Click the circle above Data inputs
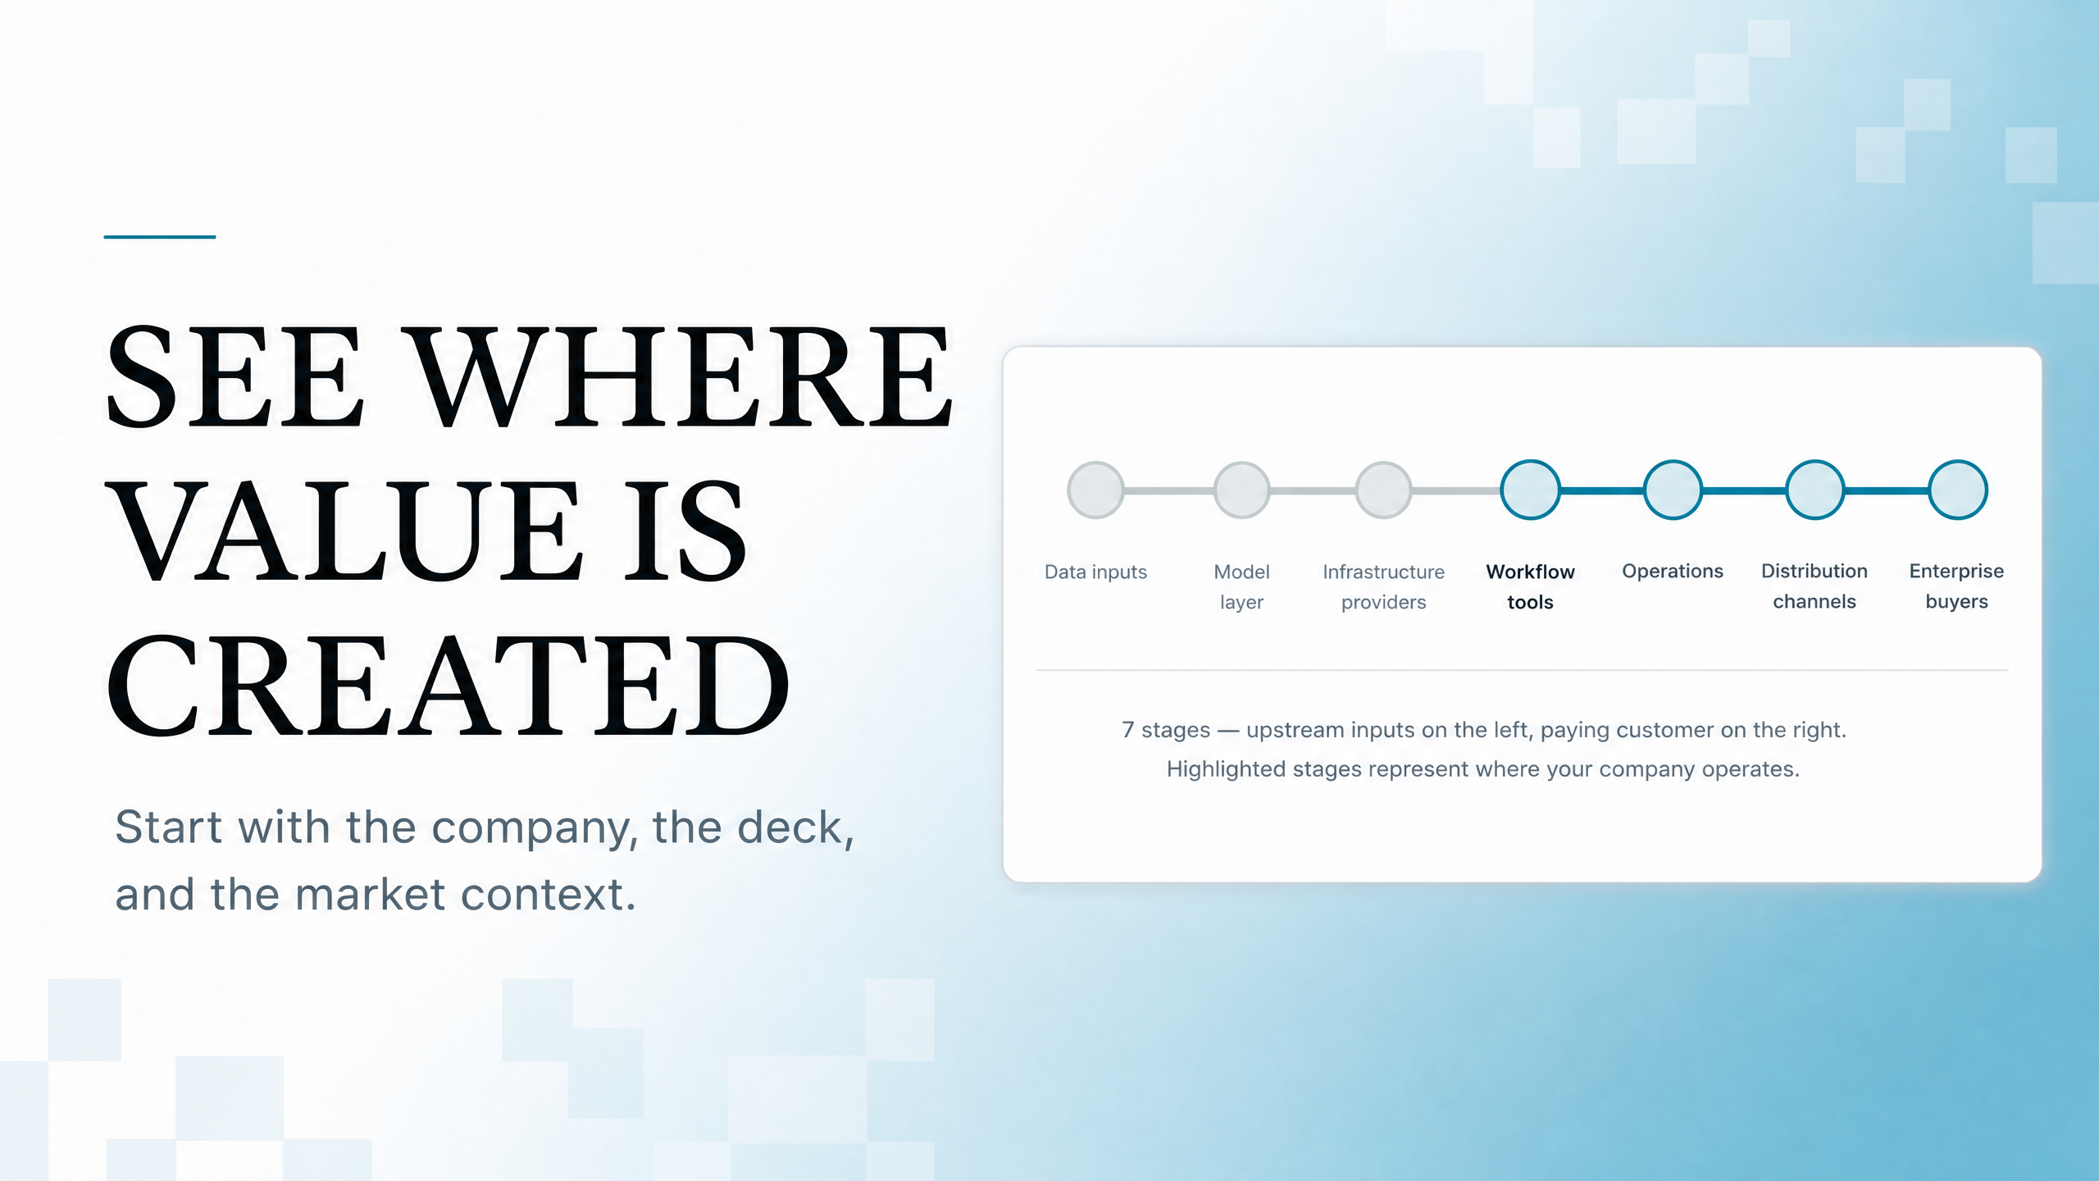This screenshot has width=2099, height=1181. [x=1095, y=490]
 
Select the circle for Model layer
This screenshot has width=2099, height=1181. [x=1241, y=490]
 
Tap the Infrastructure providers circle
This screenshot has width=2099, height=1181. [x=1383, y=490]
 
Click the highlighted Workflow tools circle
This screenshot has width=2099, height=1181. [x=1530, y=490]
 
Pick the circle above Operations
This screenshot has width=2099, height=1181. [x=1673, y=490]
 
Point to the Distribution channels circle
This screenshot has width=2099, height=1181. [x=1814, y=490]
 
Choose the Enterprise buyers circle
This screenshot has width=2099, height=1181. [x=1957, y=490]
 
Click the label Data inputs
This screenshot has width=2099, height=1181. [x=1095, y=572]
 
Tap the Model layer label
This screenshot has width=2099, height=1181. [x=1241, y=586]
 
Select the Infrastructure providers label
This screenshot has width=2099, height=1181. [x=1383, y=586]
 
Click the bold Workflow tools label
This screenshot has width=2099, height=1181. [x=1530, y=586]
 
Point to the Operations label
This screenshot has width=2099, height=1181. [x=1673, y=571]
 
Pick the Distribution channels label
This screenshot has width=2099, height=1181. [x=1814, y=586]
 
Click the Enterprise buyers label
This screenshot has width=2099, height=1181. [x=1956, y=586]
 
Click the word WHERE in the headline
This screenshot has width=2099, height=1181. [x=681, y=376]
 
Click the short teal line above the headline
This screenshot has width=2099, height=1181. [x=159, y=237]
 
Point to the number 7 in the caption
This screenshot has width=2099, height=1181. [x=1128, y=729]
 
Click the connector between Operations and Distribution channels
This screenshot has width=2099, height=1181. [x=1744, y=490]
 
